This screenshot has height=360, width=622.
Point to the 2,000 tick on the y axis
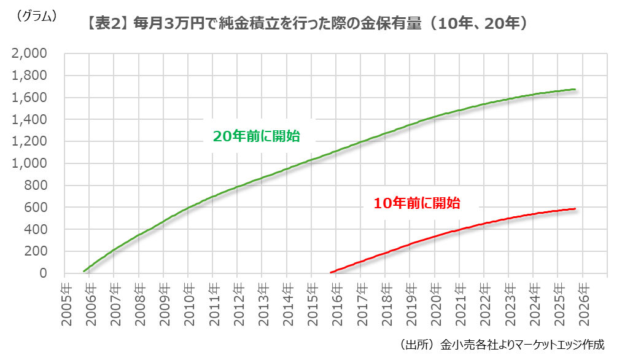(29, 54)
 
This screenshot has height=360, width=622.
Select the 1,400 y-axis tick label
(29, 120)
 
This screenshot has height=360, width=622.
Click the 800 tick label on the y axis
(36, 186)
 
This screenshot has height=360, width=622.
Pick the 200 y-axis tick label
(36, 251)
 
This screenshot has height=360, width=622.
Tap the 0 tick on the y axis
(43, 273)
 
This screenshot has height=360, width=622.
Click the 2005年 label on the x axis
(65, 299)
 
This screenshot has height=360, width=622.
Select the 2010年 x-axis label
(188, 299)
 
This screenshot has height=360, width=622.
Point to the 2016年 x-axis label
(336, 299)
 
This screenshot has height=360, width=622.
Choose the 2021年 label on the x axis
(459, 299)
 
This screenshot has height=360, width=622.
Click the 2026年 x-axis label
(582, 299)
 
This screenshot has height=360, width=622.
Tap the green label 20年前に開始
(256, 136)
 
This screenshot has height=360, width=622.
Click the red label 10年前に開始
(417, 202)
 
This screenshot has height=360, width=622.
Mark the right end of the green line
(575, 90)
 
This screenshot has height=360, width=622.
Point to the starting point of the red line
(332, 272)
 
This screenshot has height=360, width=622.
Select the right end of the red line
(575, 209)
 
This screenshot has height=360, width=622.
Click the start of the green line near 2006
(84, 271)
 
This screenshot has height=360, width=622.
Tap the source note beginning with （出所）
(502, 344)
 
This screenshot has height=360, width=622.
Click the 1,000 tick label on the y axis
(29, 163)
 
